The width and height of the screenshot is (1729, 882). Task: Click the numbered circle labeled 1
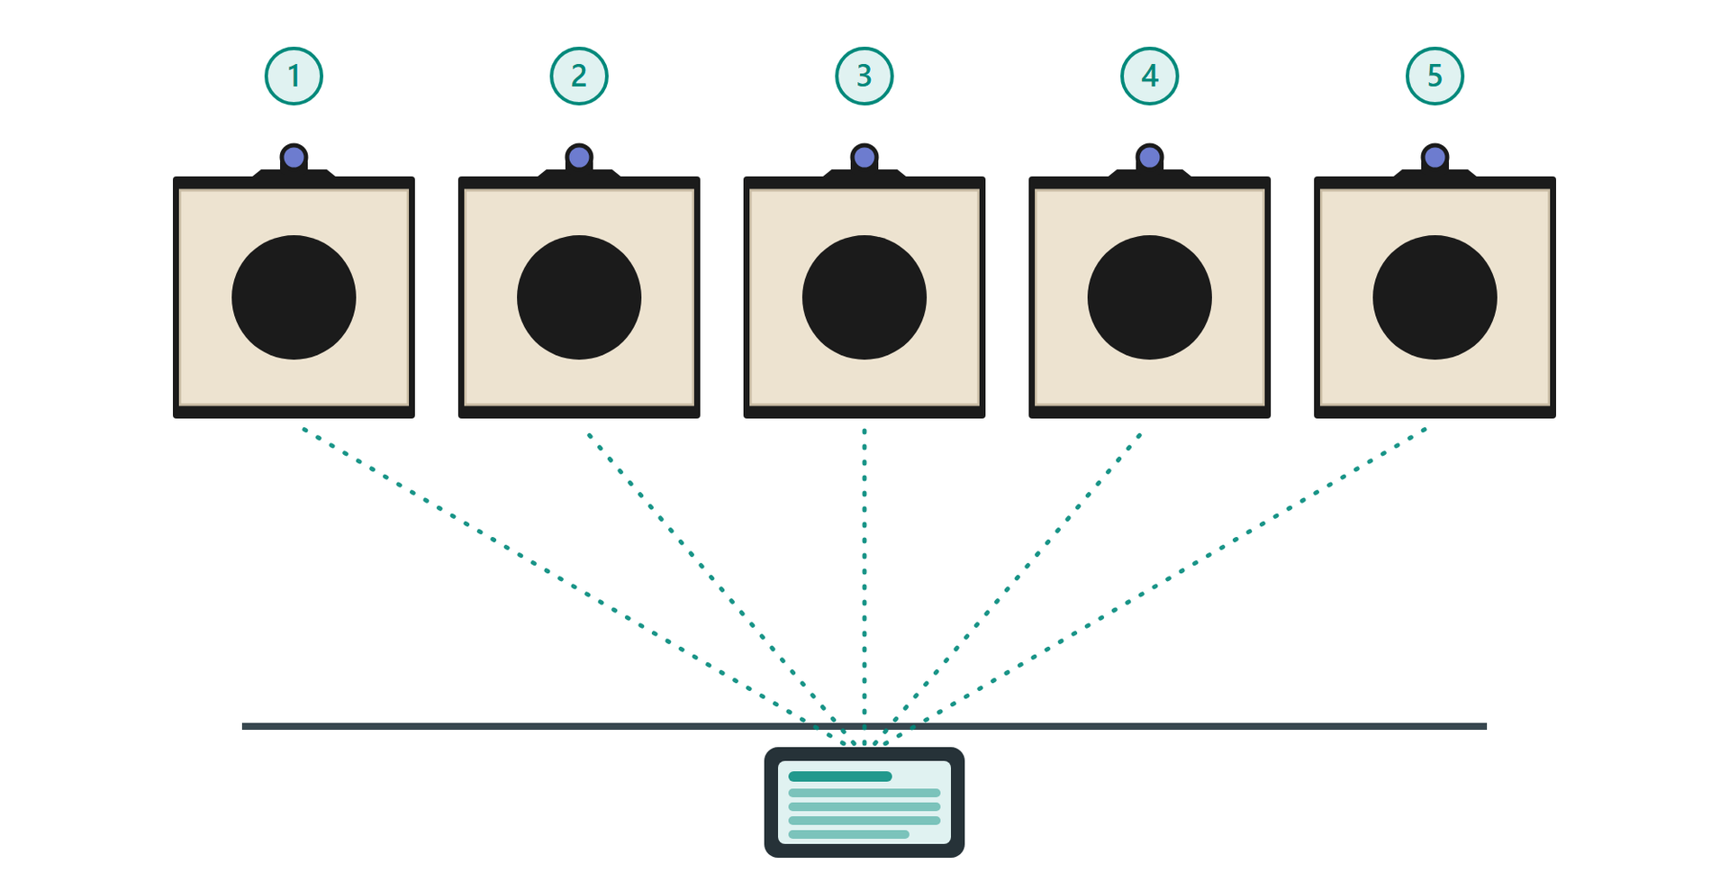[294, 77]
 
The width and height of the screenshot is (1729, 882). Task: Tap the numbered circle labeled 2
[579, 77]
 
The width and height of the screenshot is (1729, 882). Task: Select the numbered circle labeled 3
[864, 77]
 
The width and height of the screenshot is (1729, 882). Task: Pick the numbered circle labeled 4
[1150, 77]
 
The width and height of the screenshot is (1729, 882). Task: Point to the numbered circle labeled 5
[1435, 77]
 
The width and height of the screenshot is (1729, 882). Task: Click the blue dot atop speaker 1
[294, 158]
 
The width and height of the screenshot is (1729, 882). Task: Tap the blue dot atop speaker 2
[579, 158]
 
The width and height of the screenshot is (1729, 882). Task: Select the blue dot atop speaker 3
[864, 158]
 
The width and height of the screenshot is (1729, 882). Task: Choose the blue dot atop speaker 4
[1150, 158]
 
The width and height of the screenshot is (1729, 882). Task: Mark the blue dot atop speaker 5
[1435, 158]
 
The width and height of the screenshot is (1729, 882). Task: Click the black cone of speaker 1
[294, 297]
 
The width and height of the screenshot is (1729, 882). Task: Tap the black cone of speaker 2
[579, 297]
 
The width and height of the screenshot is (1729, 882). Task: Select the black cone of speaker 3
[864, 297]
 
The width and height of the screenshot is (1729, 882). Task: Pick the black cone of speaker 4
[1150, 297]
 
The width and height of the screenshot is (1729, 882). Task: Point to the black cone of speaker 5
[1435, 297]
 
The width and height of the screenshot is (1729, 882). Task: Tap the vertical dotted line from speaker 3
[864, 586]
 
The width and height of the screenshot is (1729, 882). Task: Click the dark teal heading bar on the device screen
[840, 777]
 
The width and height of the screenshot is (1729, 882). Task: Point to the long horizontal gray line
[864, 726]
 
